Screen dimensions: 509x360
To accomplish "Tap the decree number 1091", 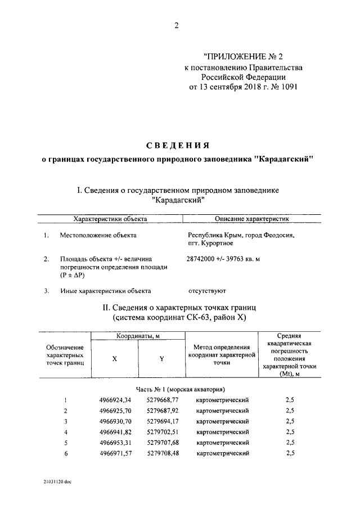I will coord(287,87).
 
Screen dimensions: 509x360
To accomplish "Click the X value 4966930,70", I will coord(119,421).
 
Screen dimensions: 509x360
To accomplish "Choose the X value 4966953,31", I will coord(119,442).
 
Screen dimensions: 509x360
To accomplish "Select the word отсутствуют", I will coord(206,291).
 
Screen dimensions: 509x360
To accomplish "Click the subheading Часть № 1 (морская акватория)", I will coord(181,389).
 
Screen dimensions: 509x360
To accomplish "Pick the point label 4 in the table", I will coord(66,432).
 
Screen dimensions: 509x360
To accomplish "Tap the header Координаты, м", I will coord(138,336).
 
